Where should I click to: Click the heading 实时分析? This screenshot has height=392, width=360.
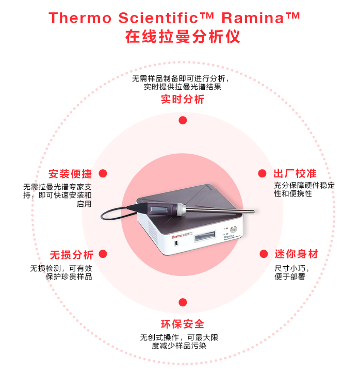[183, 100]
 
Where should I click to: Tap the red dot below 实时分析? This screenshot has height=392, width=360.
[183, 120]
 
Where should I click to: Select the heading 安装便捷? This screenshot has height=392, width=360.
[70, 174]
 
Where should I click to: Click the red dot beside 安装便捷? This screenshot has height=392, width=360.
[103, 174]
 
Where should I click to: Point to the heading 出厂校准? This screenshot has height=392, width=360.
[295, 174]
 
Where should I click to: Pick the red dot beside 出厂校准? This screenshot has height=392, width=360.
[263, 174]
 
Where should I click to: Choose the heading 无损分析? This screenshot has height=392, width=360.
[71, 255]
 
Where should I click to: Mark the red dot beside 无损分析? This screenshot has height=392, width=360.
[103, 254]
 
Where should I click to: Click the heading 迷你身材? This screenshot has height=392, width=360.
[296, 254]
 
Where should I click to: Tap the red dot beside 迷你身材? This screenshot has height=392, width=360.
[264, 254]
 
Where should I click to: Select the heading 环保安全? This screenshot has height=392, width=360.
[183, 324]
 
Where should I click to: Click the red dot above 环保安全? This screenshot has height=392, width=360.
[183, 302]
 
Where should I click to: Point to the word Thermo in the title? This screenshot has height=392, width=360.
[80, 18]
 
